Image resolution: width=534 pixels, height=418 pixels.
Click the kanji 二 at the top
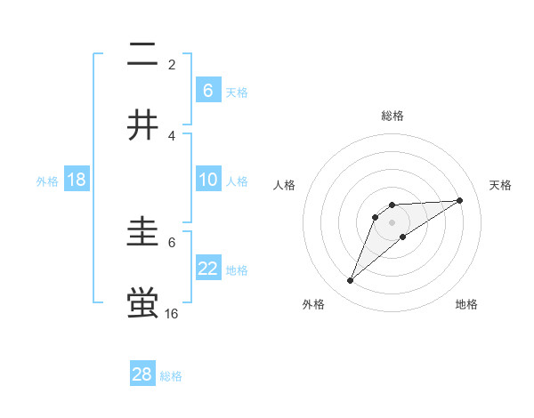[143, 56]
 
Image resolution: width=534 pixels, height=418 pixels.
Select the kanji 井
[143, 125]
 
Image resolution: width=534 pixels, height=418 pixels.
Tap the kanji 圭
[143, 234]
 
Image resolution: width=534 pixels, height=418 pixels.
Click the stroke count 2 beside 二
[172, 65]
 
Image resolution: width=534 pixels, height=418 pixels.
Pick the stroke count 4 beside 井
[172, 135]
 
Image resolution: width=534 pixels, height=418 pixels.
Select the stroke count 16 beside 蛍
[172, 313]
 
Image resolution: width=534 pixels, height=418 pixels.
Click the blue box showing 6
[208, 90]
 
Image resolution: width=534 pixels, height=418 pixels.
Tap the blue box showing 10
[208, 180]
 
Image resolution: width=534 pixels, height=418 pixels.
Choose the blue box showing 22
[208, 269]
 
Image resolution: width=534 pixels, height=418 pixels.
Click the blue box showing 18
[77, 180]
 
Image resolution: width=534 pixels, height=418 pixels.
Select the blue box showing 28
[142, 374]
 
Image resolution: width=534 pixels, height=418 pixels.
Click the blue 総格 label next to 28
[171, 376]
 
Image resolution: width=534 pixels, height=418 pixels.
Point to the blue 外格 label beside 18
[47, 181]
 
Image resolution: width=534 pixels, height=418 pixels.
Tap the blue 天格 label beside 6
[237, 92]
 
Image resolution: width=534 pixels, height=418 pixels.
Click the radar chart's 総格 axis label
[392, 116]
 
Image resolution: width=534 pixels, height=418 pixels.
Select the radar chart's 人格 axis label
[285, 185]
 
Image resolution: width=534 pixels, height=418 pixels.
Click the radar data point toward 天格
[459, 200]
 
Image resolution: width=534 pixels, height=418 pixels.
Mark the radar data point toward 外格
[350, 281]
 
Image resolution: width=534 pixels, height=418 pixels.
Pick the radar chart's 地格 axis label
[466, 304]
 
